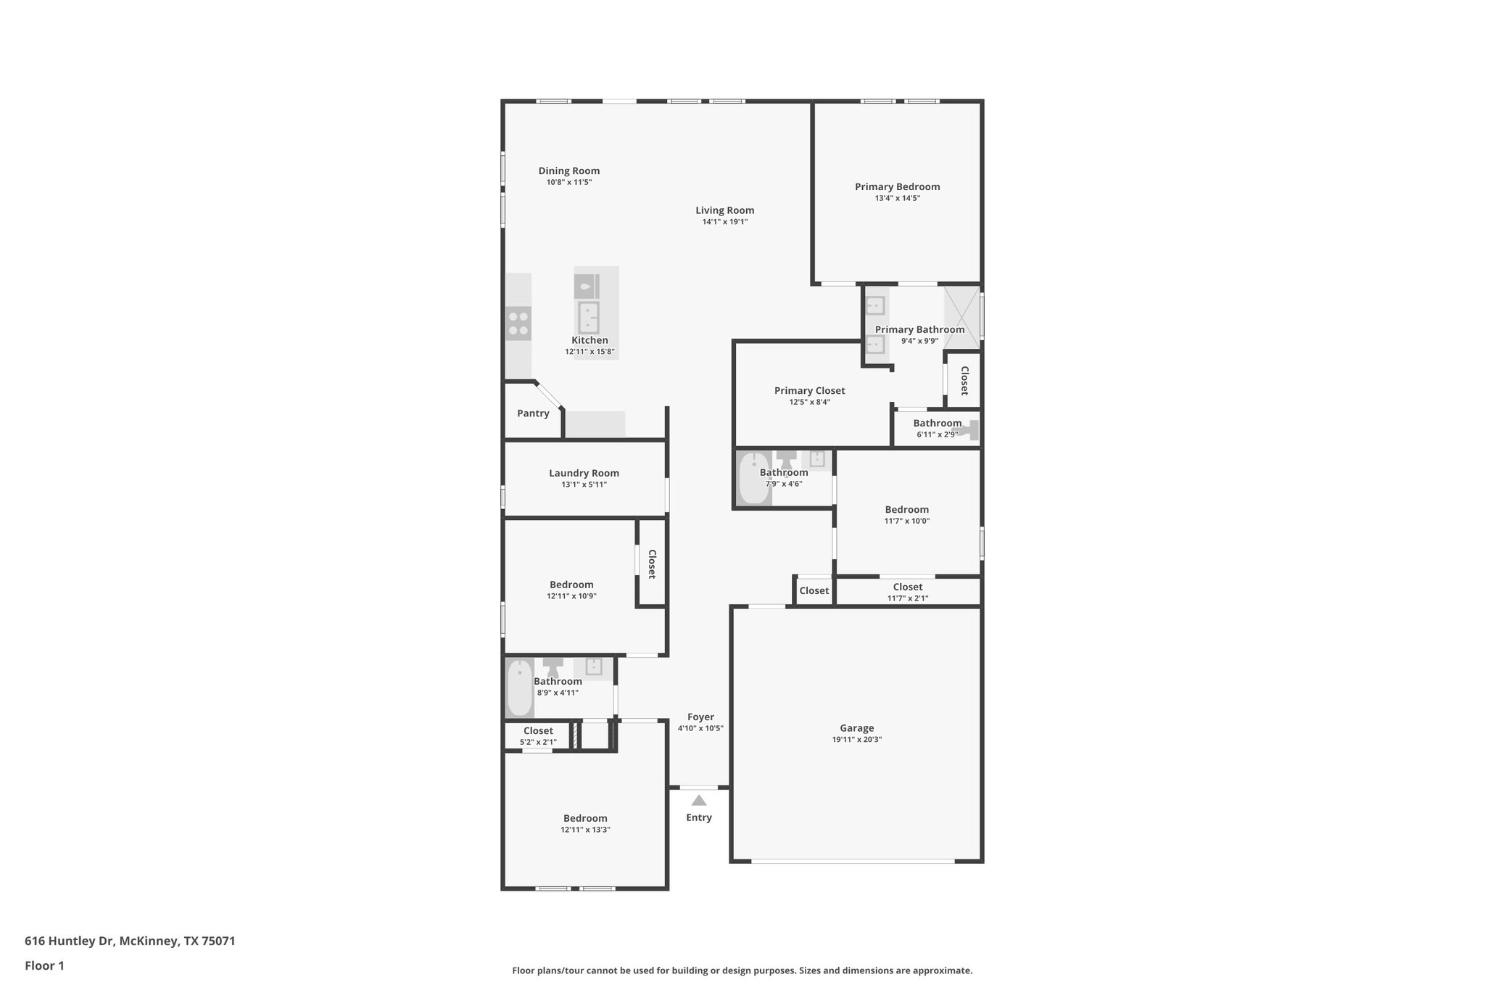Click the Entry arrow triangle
[698, 801]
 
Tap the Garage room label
[856, 728]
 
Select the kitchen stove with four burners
[518, 323]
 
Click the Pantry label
[533, 413]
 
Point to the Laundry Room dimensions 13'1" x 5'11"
[584, 484]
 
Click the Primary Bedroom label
[897, 186]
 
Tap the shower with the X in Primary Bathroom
[961, 317]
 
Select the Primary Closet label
[809, 391]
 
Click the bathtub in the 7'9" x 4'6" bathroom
[754, 478]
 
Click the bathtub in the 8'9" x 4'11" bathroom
[520, 688]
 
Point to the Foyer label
[700, 717]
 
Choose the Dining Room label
[568, 171]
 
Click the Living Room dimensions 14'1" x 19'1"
[724, 222]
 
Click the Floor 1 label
[44, 965]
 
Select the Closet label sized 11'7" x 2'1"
[907, 587]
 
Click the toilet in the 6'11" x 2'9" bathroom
[969, 430]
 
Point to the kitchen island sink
[588, 317]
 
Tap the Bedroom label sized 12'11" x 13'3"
[584, 818]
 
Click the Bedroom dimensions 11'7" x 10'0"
[906, 521]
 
